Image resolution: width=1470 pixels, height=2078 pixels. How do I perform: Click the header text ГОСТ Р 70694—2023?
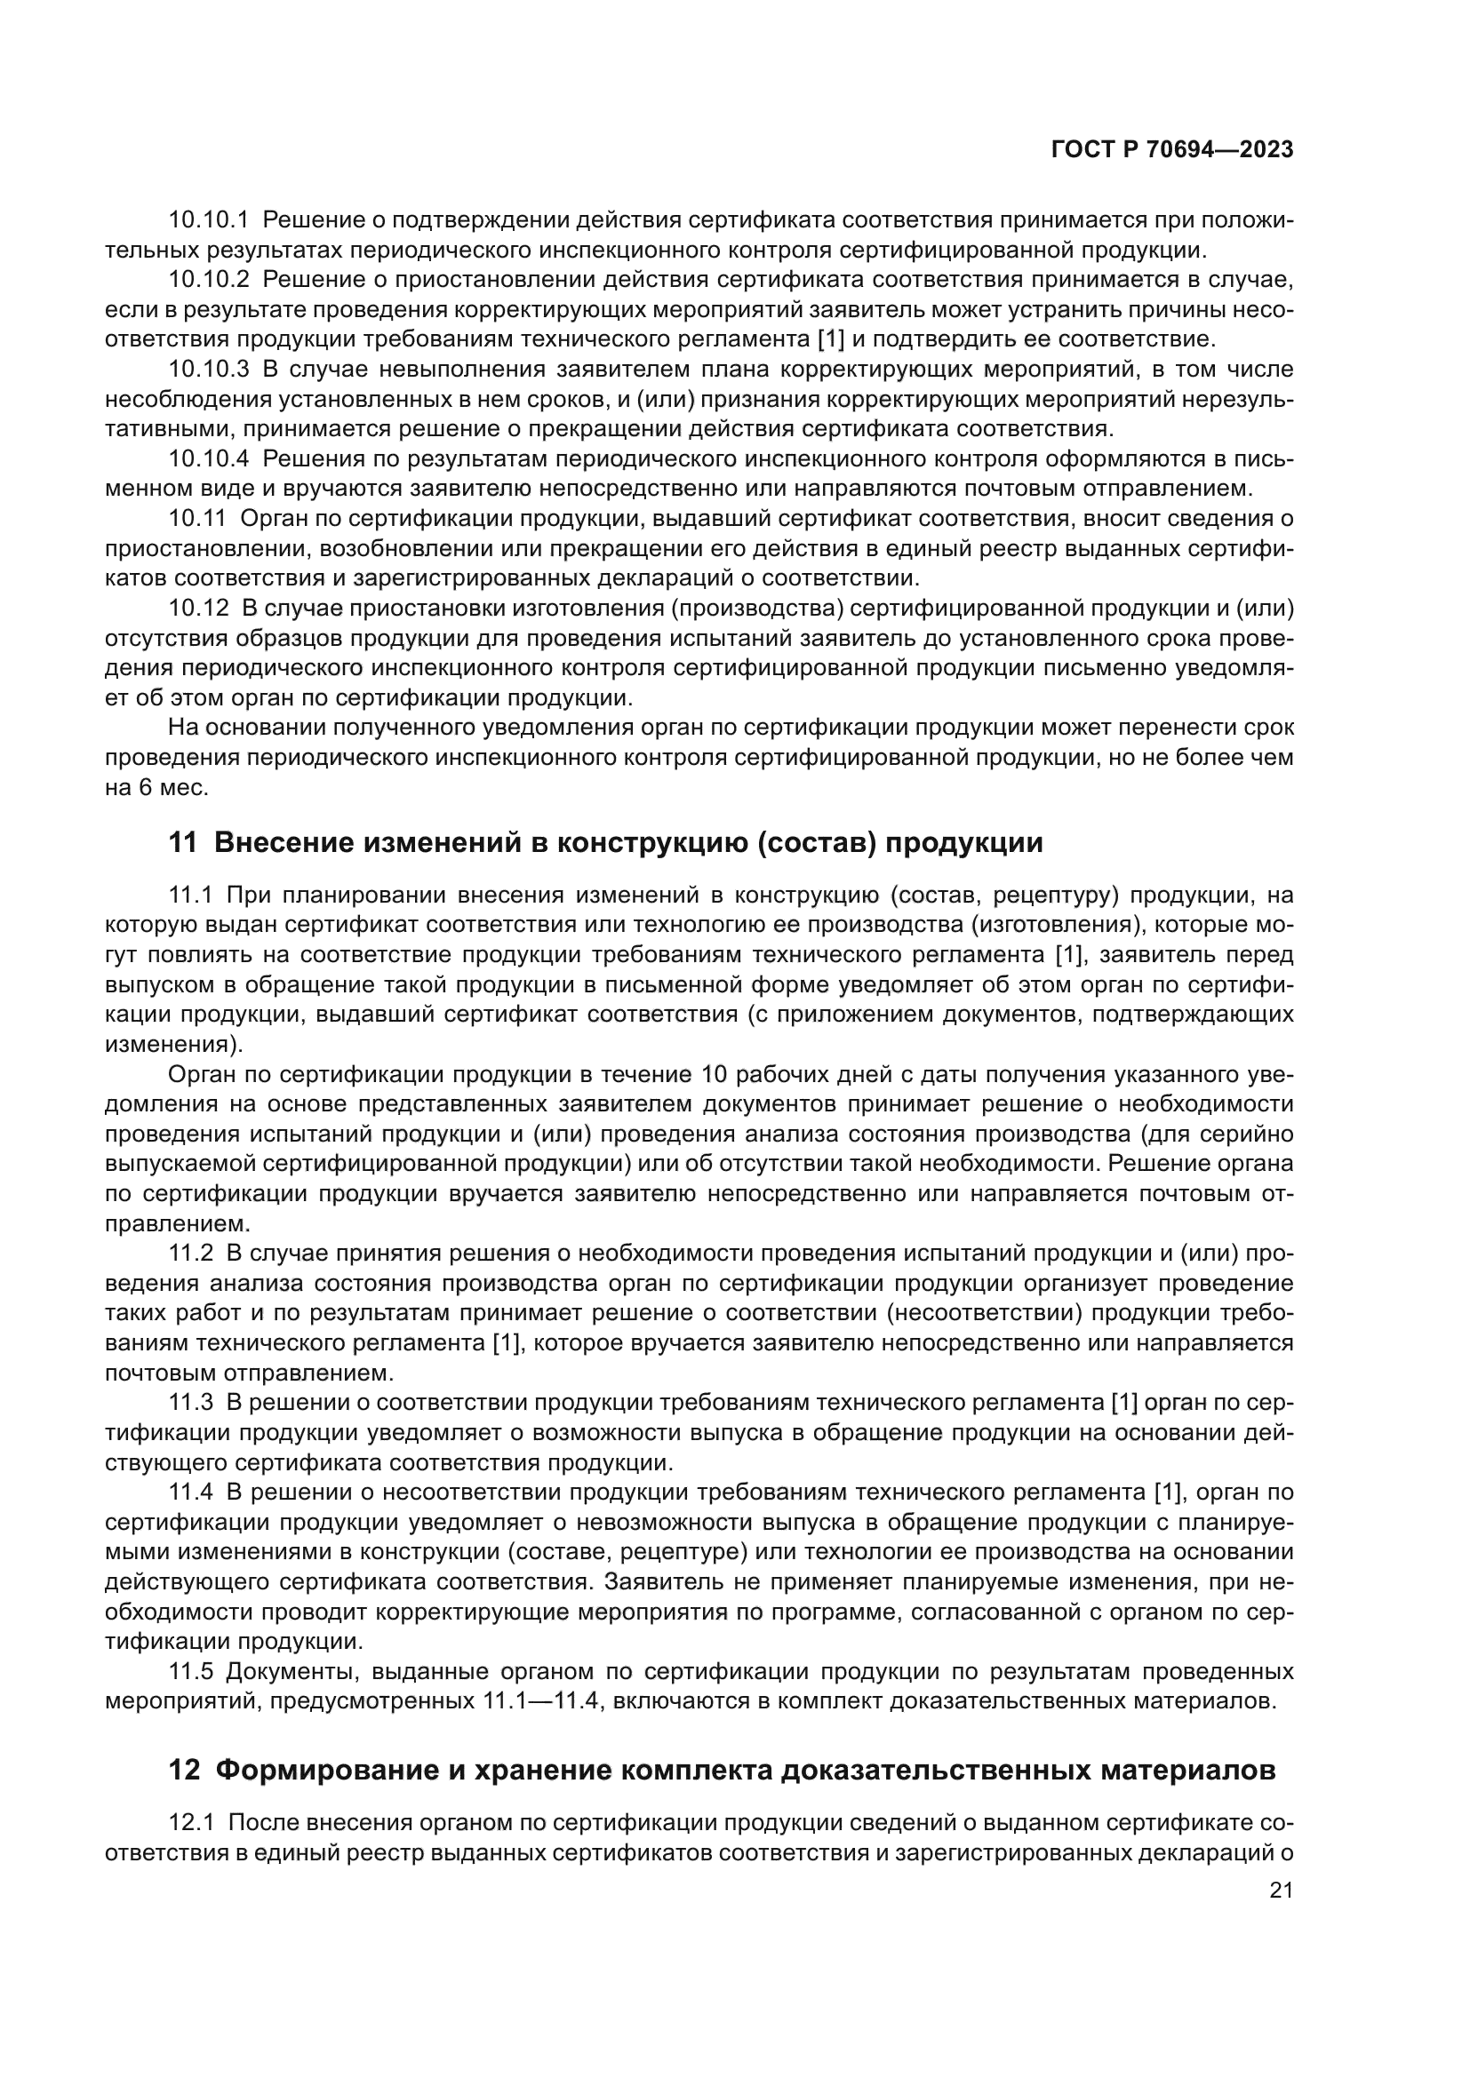1172,150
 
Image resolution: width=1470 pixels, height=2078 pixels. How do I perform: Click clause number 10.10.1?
208,220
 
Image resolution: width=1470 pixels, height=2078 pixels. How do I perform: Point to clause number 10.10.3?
208,370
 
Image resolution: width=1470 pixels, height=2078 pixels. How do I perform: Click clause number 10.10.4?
208,458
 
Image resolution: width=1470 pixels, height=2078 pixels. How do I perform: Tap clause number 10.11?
196,519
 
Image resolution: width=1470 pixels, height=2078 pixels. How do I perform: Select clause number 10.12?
197,609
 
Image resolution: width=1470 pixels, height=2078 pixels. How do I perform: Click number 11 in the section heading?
182,842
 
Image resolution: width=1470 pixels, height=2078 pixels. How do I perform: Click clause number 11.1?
190,896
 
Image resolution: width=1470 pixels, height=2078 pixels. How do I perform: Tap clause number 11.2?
191,1254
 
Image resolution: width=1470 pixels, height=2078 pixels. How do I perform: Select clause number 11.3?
191,1403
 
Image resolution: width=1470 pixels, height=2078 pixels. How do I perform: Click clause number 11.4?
191,1492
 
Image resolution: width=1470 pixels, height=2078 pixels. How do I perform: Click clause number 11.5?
191,1671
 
